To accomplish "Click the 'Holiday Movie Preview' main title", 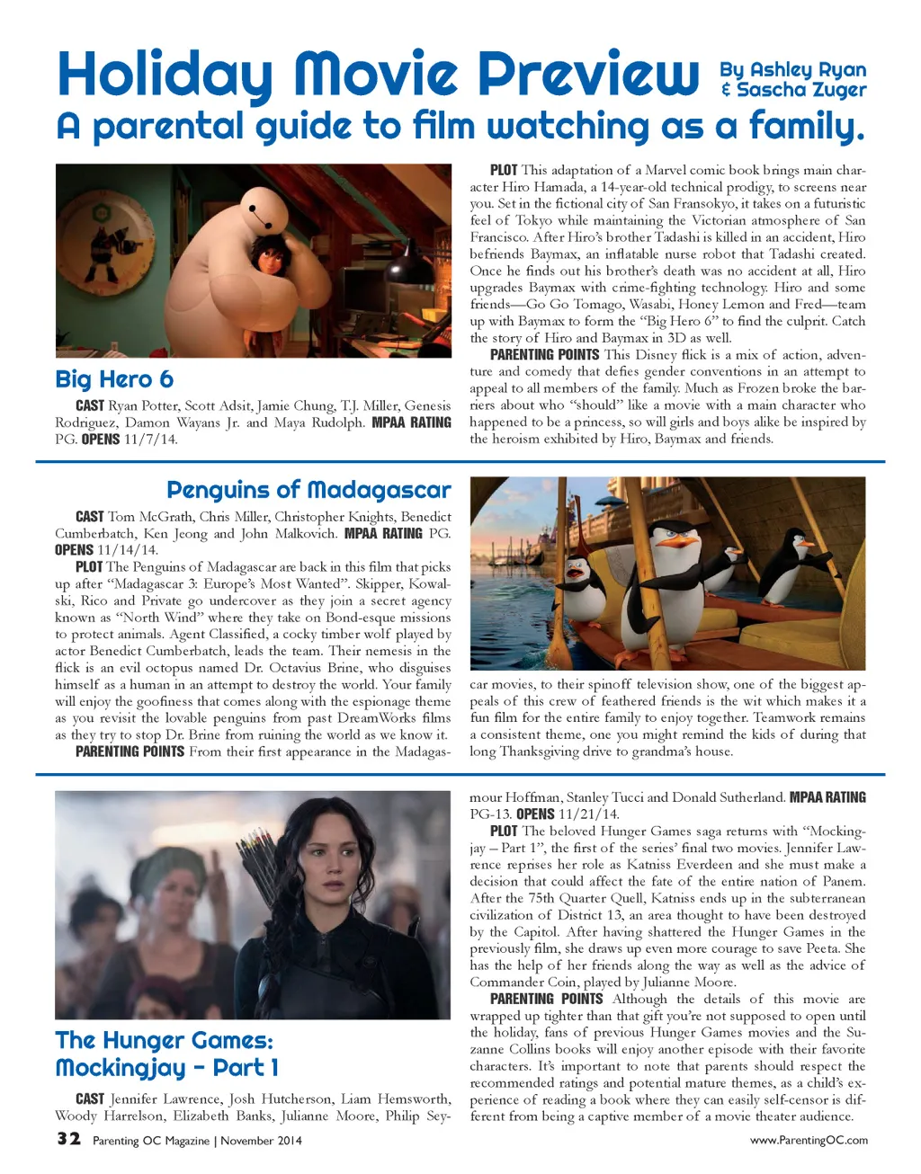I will pyautogui.click(x=378, y=74).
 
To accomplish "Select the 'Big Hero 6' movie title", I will pyautogui.click(x=114, y=378).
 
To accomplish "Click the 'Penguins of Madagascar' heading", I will pyautogui.click(x=308, y=490).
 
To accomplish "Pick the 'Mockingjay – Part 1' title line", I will pyautogui.click(x=167, y=1068).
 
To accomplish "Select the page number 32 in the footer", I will pyautogui.click(x=68, y=1139).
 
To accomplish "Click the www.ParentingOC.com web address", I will pyautogui.click(x=809, y=1140).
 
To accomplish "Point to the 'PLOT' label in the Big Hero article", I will pyautogui.click(x=503, y=170).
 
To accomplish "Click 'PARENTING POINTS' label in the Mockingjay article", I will pyautogui.click(x=546, y=999).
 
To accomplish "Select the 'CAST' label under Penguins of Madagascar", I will pyautogui.click(x=89, y=517).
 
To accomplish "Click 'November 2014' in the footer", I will pyautogui.click(x=261, y=1141).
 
